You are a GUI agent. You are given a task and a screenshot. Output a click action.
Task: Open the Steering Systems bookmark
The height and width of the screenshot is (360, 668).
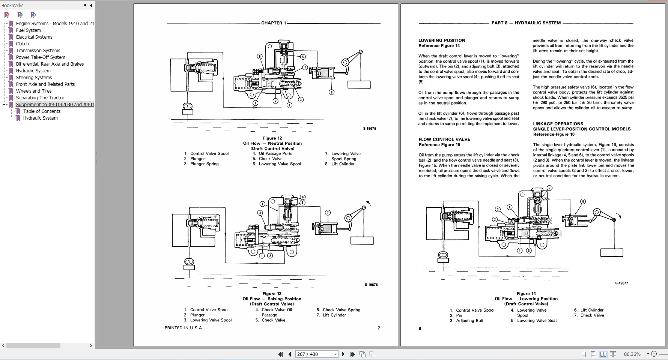click(x=34, y=78)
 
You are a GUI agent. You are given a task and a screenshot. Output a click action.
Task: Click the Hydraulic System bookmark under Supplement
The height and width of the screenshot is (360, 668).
click(x=40, y=118)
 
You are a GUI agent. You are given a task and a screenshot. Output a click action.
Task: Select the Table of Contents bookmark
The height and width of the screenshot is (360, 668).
click(x=42, y=111)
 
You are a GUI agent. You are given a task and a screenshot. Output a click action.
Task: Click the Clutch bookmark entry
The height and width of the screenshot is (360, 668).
click(x=22, y=44)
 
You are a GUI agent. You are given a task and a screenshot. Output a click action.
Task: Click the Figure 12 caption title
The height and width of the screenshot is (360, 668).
click(x=272, y=138)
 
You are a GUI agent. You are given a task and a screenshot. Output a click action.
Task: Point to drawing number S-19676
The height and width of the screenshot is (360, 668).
click(x=371, y=285)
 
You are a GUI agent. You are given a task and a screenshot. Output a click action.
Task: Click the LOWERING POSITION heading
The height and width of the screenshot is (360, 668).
click(x=442, y=40)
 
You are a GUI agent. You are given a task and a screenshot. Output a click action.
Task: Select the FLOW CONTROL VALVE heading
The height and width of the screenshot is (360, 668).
click(x=444, y=139)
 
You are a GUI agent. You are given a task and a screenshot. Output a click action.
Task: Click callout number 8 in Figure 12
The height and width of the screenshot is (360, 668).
click(x=331, y=92)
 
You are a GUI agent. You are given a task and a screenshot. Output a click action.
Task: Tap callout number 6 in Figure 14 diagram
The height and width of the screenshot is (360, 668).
click(x=583, y=201)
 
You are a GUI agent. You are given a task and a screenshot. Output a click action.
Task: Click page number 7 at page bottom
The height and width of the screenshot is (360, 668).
click(x=379, y=328)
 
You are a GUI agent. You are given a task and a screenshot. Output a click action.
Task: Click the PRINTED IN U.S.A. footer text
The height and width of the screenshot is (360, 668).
click(x=184, y=328)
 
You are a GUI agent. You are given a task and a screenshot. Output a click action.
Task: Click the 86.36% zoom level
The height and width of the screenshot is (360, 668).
click(x=632, y=354)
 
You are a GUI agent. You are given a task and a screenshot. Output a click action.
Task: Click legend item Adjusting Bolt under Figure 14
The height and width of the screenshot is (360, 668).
click(x=469, y=321)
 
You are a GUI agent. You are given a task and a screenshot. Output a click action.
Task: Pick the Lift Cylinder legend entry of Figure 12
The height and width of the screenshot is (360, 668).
click(x=343, y=164)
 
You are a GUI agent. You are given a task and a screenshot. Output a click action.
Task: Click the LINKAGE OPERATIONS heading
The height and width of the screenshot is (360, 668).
click(x=558, y=124)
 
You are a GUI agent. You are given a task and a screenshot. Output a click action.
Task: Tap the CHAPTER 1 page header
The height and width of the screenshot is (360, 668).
click(x=274, y=23)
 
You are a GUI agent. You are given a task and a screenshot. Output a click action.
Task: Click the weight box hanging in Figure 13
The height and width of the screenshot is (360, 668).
click(x=362, y=240)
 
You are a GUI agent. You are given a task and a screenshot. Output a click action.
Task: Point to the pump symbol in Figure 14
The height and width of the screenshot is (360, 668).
click(x=443, y=255)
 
